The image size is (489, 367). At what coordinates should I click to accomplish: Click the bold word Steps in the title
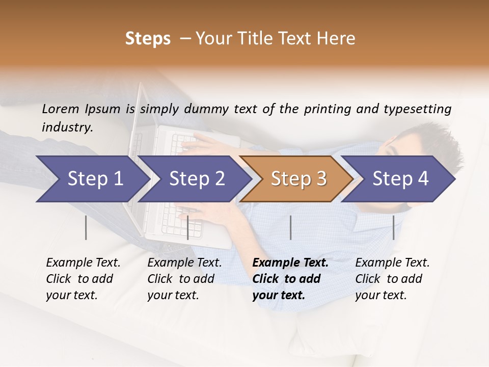[x=148, y=39]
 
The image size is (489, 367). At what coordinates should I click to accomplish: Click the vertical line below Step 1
[x=86, y=227]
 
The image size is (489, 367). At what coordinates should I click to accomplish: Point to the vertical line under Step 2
[x=188, y=227]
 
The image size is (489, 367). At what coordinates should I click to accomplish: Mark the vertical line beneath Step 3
[x=291, y=227]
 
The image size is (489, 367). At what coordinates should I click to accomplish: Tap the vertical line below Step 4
[x=394, y=227]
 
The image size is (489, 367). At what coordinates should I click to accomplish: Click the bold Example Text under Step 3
[x=290, y=279]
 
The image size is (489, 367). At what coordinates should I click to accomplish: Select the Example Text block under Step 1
[x=83, y=279]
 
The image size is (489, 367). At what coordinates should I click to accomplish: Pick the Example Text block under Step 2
[x=184, y=279]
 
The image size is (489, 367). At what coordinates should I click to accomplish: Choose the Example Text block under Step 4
[x=392, y=279]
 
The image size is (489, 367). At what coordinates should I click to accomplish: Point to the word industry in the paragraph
[x=67, y=127]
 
